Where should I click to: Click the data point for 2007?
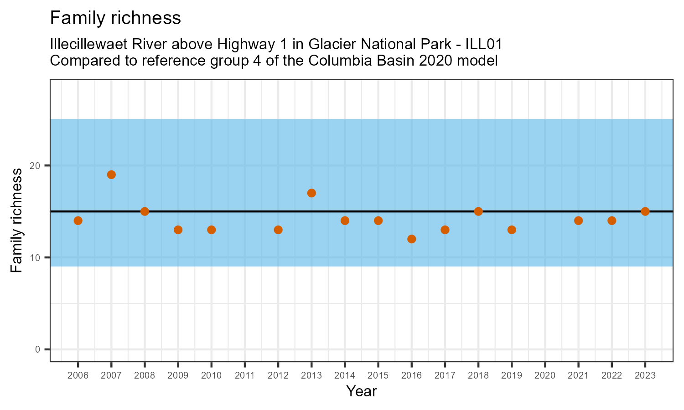111,174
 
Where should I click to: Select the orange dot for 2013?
311,193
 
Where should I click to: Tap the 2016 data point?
411,239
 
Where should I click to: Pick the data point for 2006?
78,220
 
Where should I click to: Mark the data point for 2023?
645,211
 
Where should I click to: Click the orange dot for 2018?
478,211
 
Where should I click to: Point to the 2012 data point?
278,230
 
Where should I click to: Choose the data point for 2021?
578,220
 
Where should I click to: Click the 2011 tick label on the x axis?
245,376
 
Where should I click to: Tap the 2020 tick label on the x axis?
545,376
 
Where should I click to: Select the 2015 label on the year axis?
378,376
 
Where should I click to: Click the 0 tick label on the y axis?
38,349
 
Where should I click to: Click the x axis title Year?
362,391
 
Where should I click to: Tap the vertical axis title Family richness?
16,220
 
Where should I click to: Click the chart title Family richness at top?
115,18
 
